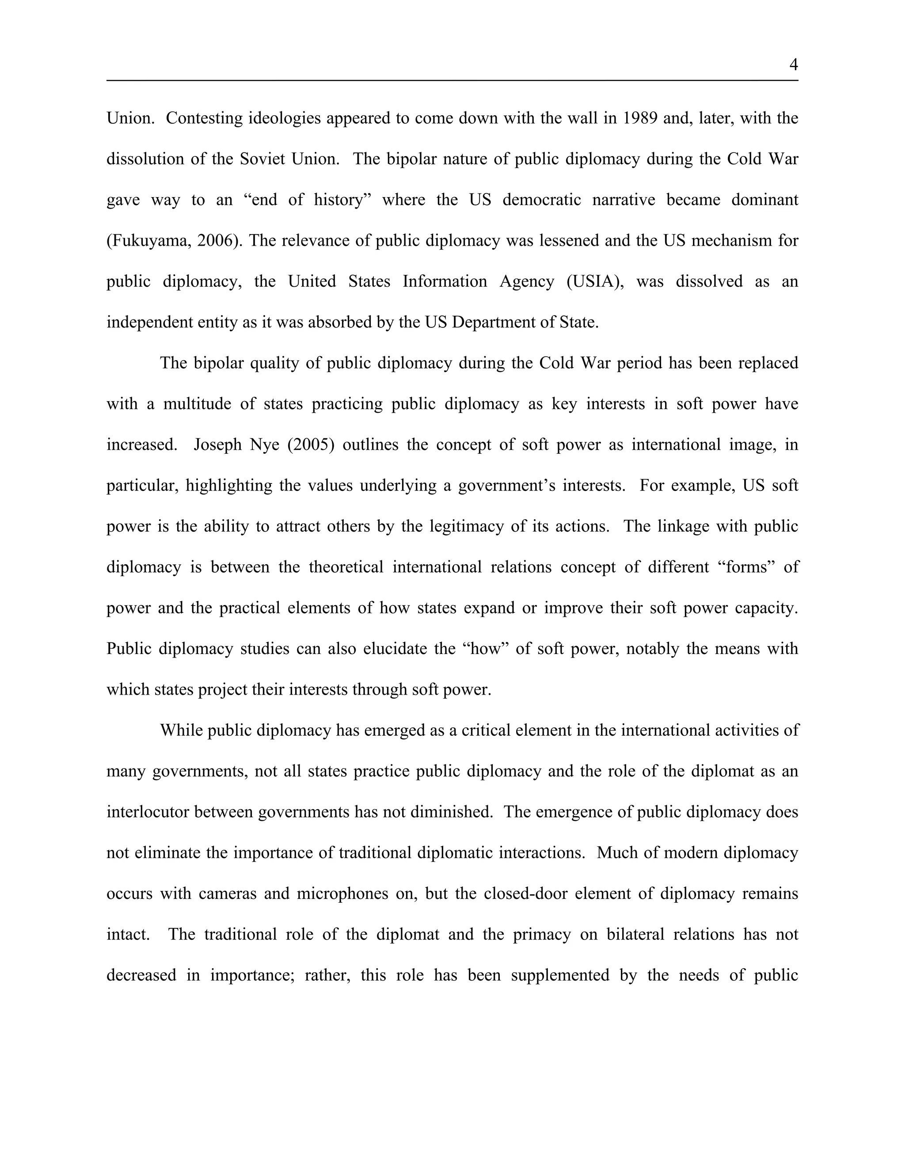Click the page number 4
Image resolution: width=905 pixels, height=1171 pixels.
point(794,65)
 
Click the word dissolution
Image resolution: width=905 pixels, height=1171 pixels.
point(136,159)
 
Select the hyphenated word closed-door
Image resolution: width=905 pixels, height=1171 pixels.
point(553,894)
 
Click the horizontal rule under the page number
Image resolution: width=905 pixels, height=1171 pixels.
point(452,80)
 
